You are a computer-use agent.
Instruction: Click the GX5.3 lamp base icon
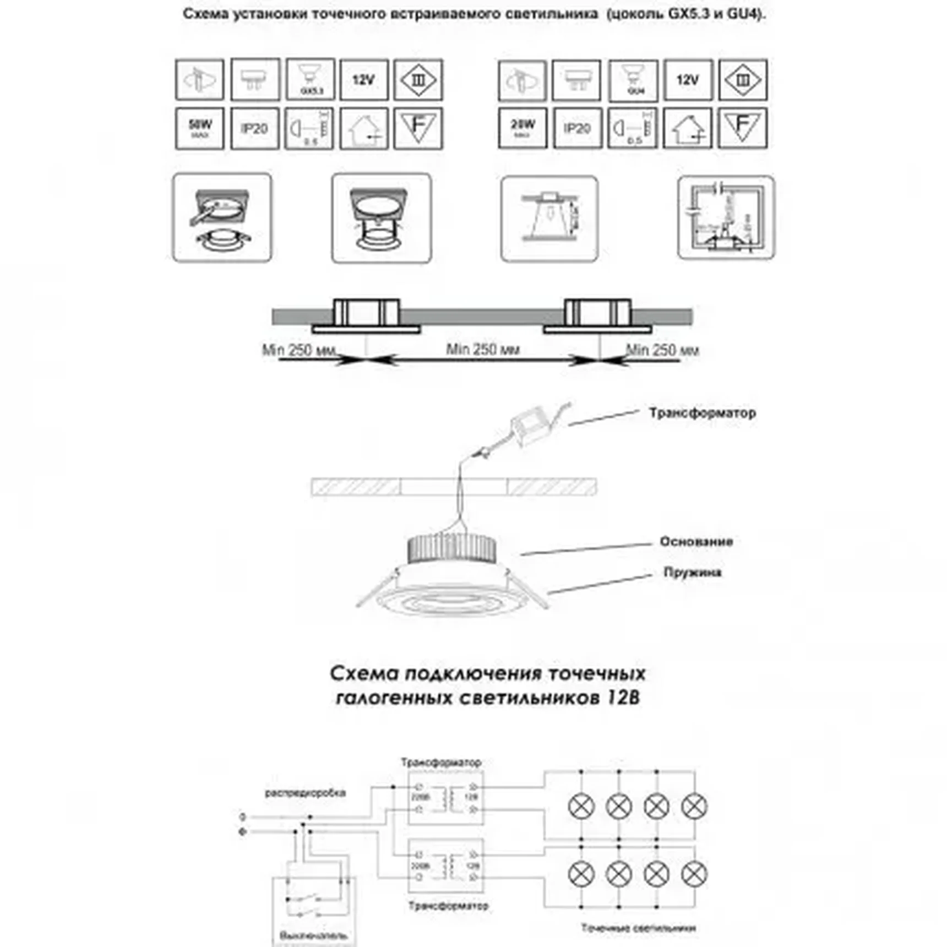[311, 79]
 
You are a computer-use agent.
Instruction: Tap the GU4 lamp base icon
[633, 80]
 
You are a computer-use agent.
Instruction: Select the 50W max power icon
[199, 128]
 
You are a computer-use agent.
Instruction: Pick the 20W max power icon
[523, 128]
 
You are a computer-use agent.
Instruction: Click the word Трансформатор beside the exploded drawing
[702, 413]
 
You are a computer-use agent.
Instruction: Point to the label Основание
[696, 542]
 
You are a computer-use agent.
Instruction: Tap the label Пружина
[692, 573]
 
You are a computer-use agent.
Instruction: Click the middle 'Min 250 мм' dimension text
[482, 349]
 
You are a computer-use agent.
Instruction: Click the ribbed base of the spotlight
[451, 548]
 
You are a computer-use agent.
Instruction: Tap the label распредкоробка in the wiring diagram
[305, 793]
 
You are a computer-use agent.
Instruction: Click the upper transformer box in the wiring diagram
[446, 797]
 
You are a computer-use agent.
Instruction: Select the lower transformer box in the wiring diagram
[446, 865]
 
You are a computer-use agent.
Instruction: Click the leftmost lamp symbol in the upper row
[581, 807]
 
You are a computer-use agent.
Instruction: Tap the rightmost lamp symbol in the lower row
[694, 873]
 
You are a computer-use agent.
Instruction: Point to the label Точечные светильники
[638, 928]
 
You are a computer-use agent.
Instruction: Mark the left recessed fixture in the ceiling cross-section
[366, 317]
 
